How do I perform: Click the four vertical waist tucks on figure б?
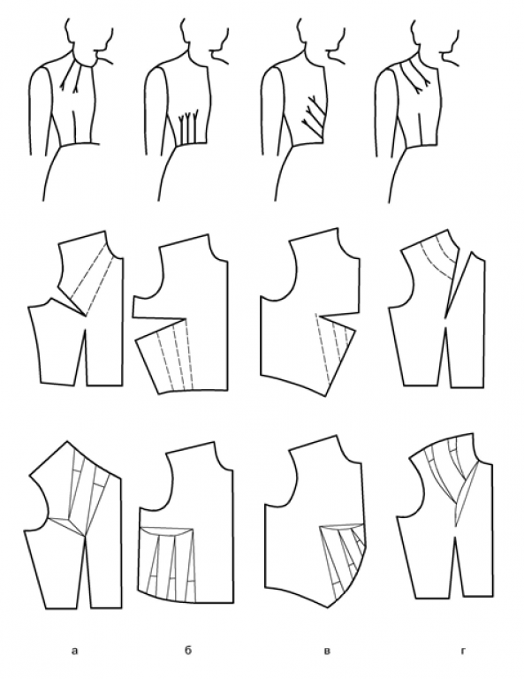tap(188, 126)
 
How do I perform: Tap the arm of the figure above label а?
tap(38, 112)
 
